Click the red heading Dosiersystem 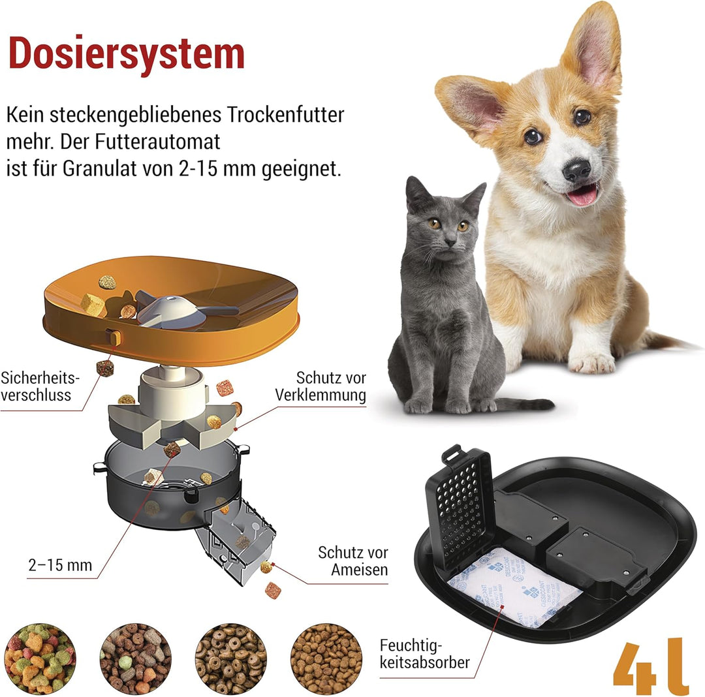click(126, 54)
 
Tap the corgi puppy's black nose click(576, 171)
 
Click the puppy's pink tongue click(582, 194)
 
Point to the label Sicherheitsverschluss click(40, 386)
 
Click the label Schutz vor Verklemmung click(321, 386)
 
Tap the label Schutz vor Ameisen click(353, 561)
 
